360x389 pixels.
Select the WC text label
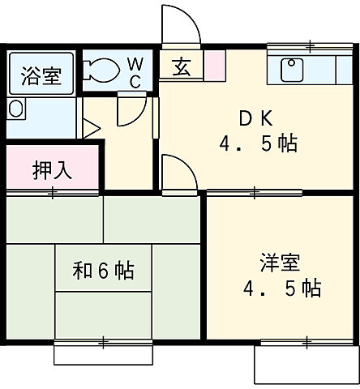point(135,71)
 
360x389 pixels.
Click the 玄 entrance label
point(180,67)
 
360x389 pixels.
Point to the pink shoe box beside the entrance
point(214,64)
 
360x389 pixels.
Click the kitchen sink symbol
point(292,70)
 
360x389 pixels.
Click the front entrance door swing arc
point(181,26)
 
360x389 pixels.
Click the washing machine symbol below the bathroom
point(16,109)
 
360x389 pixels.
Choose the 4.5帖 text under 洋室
point(281,289)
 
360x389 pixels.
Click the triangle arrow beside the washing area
point(91,127)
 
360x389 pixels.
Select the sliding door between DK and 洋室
point(254,192)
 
